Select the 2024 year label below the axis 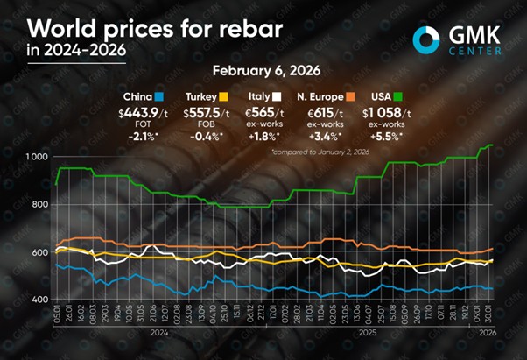(x=157, y=334)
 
